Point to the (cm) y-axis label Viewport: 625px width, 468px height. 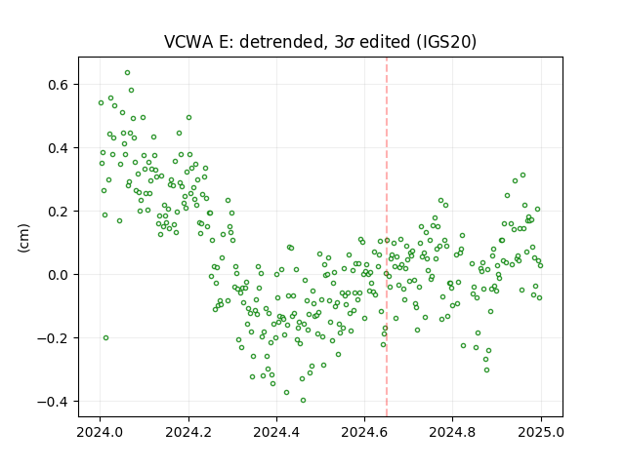coord(23,238)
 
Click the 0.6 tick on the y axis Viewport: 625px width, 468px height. coord(59,85)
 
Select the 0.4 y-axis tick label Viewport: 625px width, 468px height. coord(59,148)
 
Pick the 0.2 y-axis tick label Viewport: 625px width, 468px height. coord(59,212)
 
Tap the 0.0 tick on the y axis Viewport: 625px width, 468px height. coord(59,275)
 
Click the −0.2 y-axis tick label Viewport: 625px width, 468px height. coord(54,338)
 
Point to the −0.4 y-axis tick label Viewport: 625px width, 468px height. coord(54,402)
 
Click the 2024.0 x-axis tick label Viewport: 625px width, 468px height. coord(100,432)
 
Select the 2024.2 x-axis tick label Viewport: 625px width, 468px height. coord(188,432)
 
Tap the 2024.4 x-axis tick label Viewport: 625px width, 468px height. coord(276,432)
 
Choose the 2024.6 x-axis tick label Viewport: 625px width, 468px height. coord(364,432)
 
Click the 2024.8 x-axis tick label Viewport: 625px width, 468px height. coord(452,432)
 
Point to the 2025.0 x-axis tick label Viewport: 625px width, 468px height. coord(541,432)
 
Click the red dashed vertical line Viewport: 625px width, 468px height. coord(387,237)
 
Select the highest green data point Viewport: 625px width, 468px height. coord(128,73)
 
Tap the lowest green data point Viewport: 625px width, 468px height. coord(304,401)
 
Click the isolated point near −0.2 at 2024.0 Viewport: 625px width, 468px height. coord(106,338)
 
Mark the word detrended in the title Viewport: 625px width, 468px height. coord(281,42)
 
